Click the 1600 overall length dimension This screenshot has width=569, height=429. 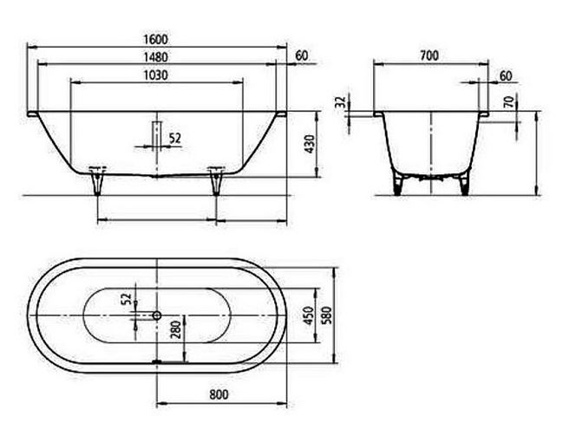coord(155,39)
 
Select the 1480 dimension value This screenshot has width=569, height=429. coord(155,57)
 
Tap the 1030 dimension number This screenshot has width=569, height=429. coord(155,75)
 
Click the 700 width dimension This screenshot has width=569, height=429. coord(429,55)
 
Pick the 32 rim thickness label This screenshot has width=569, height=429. coord(340,102)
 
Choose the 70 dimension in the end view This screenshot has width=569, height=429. coord(509,102)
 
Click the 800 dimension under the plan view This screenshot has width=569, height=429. coord(219,394)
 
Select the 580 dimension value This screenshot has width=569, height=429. coord(327,315)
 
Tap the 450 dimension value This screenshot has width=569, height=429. coord(309,315)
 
